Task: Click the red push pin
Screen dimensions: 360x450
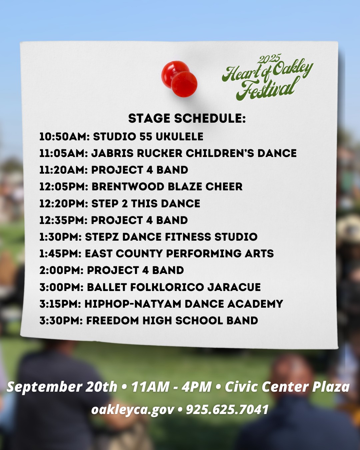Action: point(179,79)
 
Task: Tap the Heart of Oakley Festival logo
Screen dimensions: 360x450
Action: point(268,77)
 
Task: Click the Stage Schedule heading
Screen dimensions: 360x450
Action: point(187,119)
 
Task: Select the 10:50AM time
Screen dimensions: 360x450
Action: point(64,137)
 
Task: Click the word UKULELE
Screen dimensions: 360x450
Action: point(179,137)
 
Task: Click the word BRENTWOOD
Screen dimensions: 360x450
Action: point(128,187)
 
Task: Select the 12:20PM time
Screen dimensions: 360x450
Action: point(64,203)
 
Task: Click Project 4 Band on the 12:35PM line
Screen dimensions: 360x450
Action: point(139,220)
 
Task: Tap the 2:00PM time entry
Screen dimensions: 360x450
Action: point(61,270)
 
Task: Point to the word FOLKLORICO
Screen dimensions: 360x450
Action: point(167,287)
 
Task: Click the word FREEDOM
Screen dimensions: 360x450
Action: point(112,321)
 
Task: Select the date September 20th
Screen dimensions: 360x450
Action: point(62,387)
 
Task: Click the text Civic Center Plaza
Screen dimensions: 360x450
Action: point(287,387)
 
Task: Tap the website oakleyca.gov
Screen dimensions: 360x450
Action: point(133,410)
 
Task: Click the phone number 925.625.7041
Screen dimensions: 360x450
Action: point(227,409)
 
